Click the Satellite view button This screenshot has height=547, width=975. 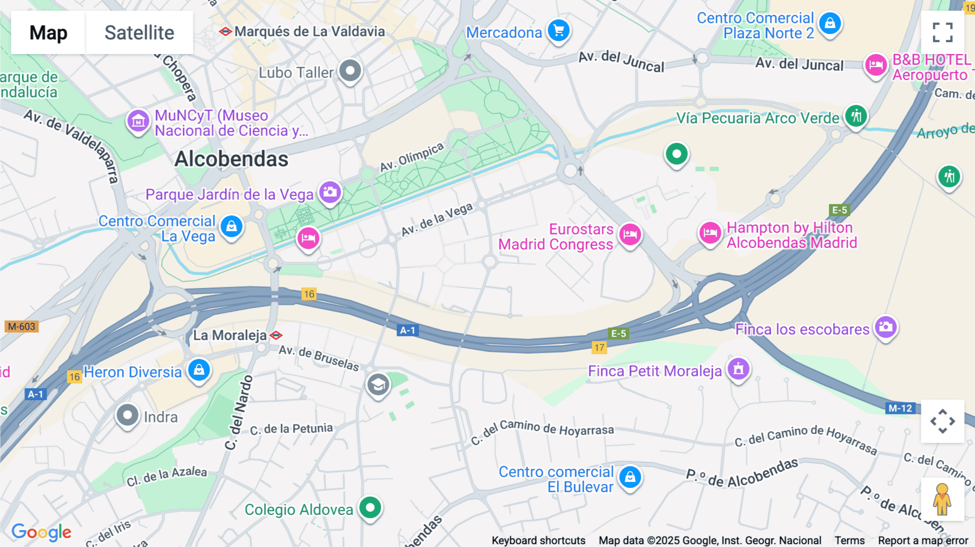[x=139, y=32]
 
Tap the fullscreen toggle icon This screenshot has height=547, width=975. [x=942, y=32]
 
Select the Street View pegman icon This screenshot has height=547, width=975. [x=942, y=499]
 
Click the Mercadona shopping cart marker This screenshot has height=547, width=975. [x=558, y=30]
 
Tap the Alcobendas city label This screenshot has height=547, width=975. [x=231, y=159]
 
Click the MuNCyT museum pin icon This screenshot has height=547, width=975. [x=138, y=121]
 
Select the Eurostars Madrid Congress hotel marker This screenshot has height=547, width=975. [x=630, y=235]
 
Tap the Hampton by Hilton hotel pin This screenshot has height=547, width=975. [x=710, y=233]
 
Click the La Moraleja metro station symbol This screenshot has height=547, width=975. [x=276, y=335]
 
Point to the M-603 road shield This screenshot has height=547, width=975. [x=21, y=327]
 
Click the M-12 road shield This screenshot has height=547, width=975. [x=900, y=408]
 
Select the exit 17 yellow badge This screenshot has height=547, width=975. [x=599, y=348]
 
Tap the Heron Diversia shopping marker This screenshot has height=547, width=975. [x=199, y=370]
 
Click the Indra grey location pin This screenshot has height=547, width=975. [x=127, y=416]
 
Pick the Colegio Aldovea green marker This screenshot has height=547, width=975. [x=370, y=508]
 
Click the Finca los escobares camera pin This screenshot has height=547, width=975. [x=886, y=327]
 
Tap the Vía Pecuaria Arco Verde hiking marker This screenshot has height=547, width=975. [x=856, y=116]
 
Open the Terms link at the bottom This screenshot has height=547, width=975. [x=849, y=541]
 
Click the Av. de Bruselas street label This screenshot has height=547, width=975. [x=318, y=358]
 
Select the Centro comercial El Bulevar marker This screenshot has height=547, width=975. [x=630, y=477]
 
